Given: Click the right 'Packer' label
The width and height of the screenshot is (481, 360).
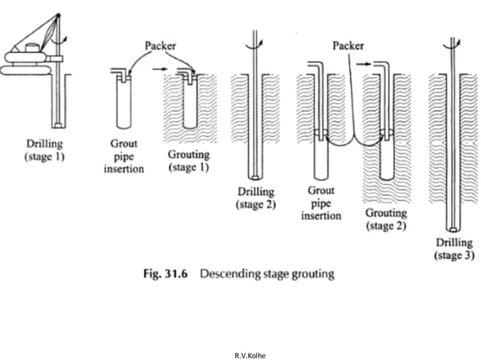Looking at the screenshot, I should [x=348, y=46].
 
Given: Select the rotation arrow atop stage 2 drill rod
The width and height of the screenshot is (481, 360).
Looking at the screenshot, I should [x=261, y=43].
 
